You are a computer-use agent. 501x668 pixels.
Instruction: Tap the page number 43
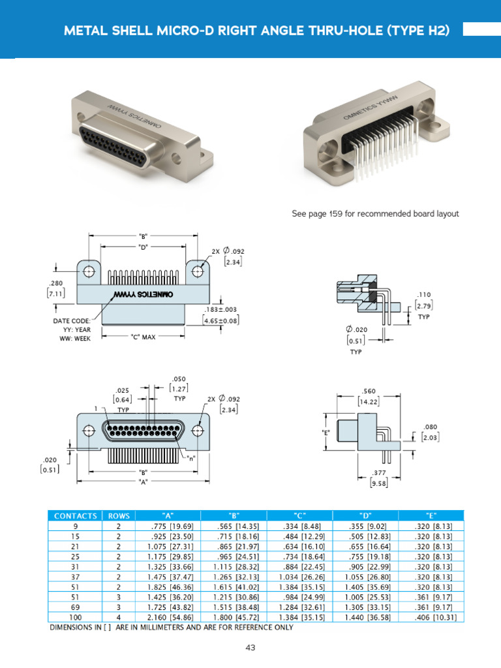[250, 647]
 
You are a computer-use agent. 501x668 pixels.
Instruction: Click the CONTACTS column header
[76, 515]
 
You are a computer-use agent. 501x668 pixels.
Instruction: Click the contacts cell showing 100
[76, 616]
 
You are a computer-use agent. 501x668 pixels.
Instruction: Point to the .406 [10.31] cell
[431, 616]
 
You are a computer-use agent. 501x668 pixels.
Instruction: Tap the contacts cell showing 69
[76, 607]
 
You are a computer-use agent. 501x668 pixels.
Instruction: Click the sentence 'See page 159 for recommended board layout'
[374, 213]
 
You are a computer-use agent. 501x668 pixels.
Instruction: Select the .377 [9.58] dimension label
[378, 478]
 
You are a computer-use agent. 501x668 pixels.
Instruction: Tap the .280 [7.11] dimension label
[55, 289]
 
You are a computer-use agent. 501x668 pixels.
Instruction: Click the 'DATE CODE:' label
[72, 321]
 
